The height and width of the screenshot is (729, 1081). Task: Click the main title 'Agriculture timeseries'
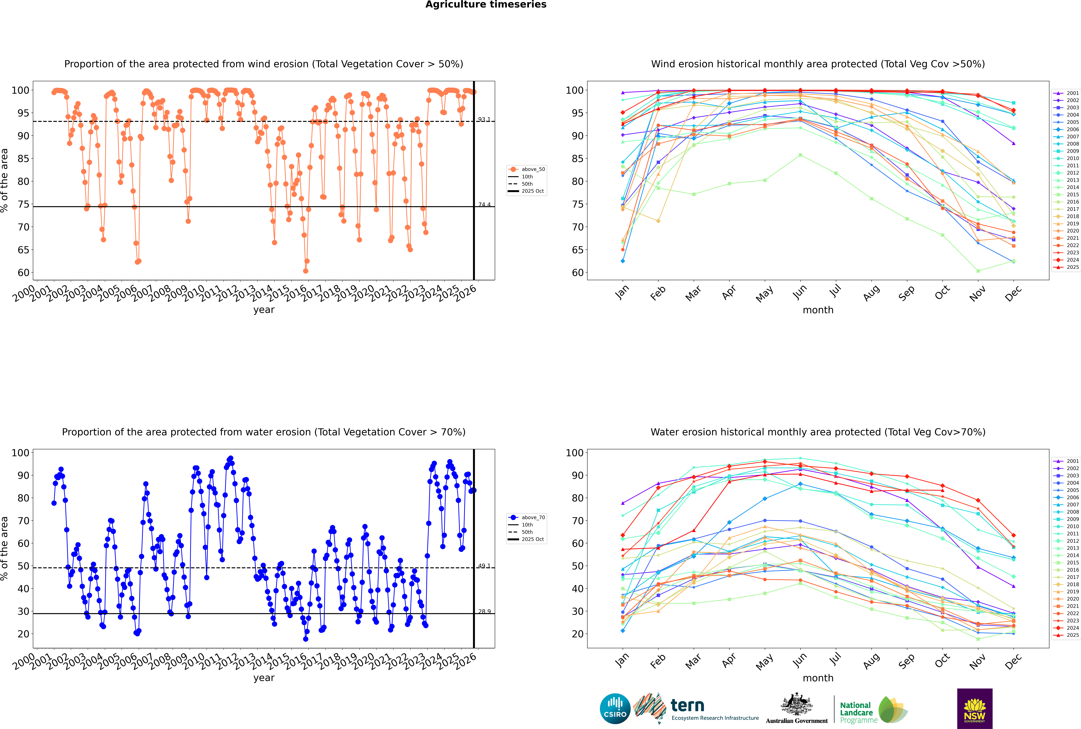486,5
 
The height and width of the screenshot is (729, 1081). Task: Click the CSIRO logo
615,709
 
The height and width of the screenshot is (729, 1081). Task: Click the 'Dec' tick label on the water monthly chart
1013,660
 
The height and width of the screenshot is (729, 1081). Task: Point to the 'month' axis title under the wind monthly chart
818,310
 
